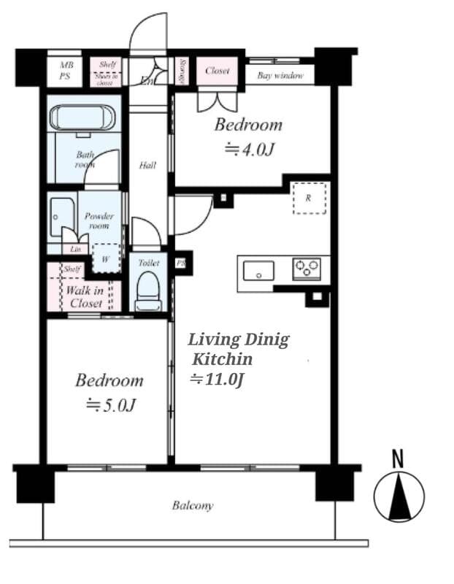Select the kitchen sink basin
tap(258, 270)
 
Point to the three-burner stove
tap(307, 269)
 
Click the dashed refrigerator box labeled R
tap(309, 198)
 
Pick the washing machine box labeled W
tap(105, 258)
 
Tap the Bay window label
tap(280, 75)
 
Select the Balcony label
tap(193, 505)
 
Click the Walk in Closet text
tap(85, 297)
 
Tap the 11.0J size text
tap(216, 379)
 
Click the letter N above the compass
tap(398, 459)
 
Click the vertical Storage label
tap(182, 72)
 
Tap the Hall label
tap(147, 165)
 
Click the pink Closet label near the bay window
tap(217, 71)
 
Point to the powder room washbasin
tap(61, 216)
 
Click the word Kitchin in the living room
tap(223, 359)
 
